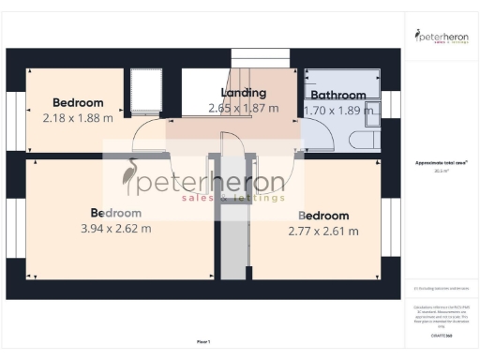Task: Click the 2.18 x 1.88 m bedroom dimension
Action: [78, 118]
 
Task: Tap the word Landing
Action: [244, 93]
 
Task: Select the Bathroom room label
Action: [337, 95]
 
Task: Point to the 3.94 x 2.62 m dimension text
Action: [116, 228]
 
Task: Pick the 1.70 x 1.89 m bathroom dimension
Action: [339, 110]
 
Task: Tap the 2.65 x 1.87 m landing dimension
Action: [244, 108]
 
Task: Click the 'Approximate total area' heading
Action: [441, 163]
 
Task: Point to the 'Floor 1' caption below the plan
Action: [203, 341]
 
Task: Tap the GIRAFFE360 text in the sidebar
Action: [441, 335]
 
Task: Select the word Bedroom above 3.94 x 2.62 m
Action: [115, 212]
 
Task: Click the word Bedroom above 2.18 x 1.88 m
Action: [78, 102]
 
